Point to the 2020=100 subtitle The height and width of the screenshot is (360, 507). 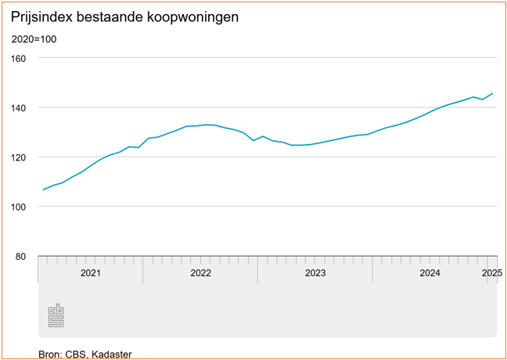[34, 39]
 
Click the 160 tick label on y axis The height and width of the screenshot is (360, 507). [19, 58]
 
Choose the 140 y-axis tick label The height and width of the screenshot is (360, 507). [19, 107]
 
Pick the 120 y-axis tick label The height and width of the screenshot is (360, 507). [19, 157]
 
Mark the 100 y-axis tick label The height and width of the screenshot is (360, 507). [19, 207]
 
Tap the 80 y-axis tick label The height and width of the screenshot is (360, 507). [21, 256]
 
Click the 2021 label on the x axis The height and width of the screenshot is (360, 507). [90, 273]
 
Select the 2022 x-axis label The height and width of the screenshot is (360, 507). [200, 273]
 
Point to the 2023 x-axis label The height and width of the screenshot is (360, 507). [315, 273]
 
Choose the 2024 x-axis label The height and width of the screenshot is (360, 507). [430, 273]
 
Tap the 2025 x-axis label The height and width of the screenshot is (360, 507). [491, 273]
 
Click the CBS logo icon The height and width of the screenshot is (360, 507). [56, 315]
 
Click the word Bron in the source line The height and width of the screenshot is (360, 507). [49, 355]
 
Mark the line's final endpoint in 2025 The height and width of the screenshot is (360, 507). [492, 93]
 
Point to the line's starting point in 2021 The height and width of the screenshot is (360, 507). [43, 189]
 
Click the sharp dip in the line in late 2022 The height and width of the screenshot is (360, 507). [253, 140]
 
